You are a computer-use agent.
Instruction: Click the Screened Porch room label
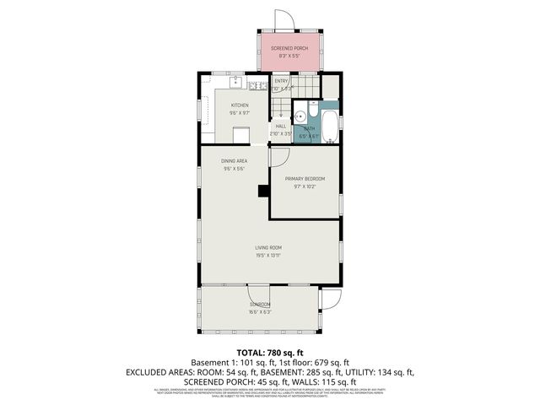click(289, 49)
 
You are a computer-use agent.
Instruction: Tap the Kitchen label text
click(240, 105)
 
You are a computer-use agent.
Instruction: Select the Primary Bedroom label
click(305, 179)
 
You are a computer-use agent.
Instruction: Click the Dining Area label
click(234, 160)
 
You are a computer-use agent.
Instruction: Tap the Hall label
click(281, 126)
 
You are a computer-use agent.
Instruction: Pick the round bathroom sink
click(300, 118)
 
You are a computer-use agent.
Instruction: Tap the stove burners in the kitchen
click(258, 86)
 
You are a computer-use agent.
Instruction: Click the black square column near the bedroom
click(262, 190)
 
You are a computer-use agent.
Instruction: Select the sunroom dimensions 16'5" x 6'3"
click(259, 311)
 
